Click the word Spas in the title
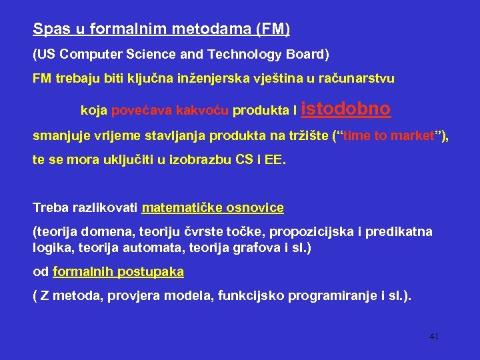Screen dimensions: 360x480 47,29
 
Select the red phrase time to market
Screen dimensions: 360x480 389,136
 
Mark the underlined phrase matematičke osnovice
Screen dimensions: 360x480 213,207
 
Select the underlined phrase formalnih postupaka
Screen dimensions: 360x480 118,272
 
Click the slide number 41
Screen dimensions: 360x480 434,337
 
